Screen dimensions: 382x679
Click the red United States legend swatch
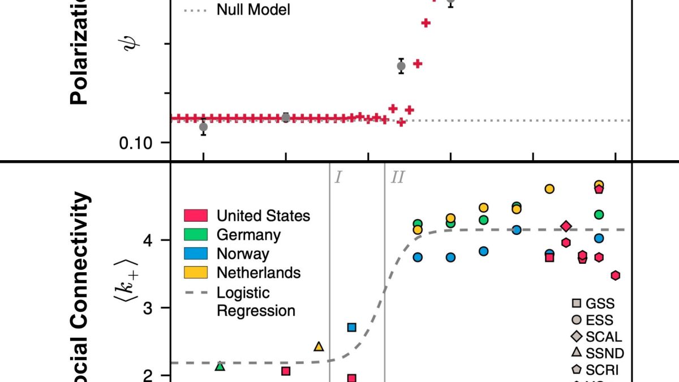(x=196, y=216)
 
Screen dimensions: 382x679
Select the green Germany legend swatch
(x=196, y=234)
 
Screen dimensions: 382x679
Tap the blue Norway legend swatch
(x=196, y=254)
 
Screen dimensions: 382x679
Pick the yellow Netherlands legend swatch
(x=196, y=272)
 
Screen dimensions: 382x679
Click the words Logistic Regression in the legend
(x=256, y=302)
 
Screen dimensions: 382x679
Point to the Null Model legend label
(x=253, y=10)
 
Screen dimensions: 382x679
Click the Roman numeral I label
(x=338, y=178)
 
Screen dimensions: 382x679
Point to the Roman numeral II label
(x=397, y=178)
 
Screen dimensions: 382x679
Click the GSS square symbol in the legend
(x=577, y=304)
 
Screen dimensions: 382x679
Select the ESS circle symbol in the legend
(x=577, y=320)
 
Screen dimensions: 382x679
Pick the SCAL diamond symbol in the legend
(x=577, y=337)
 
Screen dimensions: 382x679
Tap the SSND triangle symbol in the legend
(x=577, y=353)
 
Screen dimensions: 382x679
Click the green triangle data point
(x=220, y=367)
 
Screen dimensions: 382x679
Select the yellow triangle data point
(x=319, y=346)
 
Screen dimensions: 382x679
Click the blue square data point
(x=351, y=327)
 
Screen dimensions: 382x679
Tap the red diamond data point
(x=566, y=226)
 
